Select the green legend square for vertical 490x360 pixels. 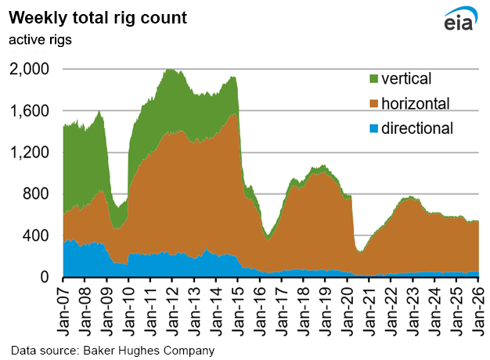pyautogui.click(x=374, y=79)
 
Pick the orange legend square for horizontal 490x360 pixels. pyautogui.click(x=374, y=103)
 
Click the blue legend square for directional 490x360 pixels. pyautogui.click(x=374, y=127)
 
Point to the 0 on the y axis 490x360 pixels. pyautogui.click(x=45, y=277)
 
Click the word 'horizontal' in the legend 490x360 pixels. pyautogui.click(x=416, y=103)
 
